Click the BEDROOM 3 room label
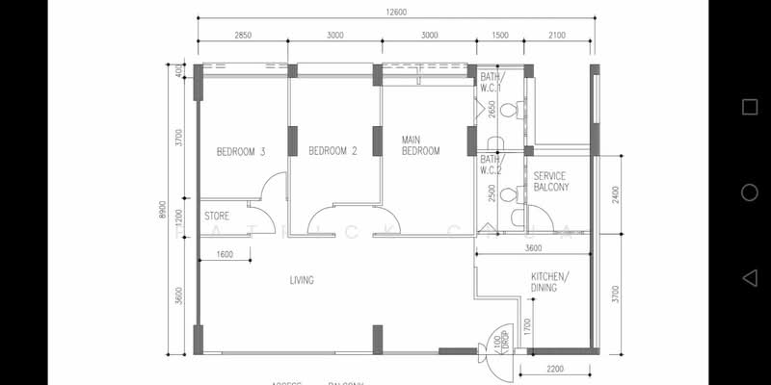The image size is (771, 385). pyautogui.click(x=240, y=151)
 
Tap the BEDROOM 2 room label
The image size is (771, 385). pyautogui.click(x=332, y=151)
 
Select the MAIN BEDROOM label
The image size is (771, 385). pyautogui.click(x=420, y=145)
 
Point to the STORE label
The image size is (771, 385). pyautogui.click(x=217, y=217)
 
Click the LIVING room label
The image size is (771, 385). pyautogui.click(x=302, y=281)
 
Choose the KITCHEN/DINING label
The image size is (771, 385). pyautogui.click(x=550, y=281)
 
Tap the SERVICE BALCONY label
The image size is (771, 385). pyautogui.click(x=550, y=180)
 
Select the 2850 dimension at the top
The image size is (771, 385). pyautogui.click(x=243, y=35)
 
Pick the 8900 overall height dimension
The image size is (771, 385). pyautogui.click(x=163, y=211)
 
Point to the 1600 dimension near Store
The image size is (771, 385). pyautogui.click(x=225, y=254)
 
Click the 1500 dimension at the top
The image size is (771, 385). pyautogui.click(x=499, y=35)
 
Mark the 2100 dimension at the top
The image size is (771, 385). pyautogui.click(x=557, y=35)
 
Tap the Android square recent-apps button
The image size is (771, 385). pyautogui.click(x=749, y=107)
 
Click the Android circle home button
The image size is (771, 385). pyautogui.click(x=749, y=192)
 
